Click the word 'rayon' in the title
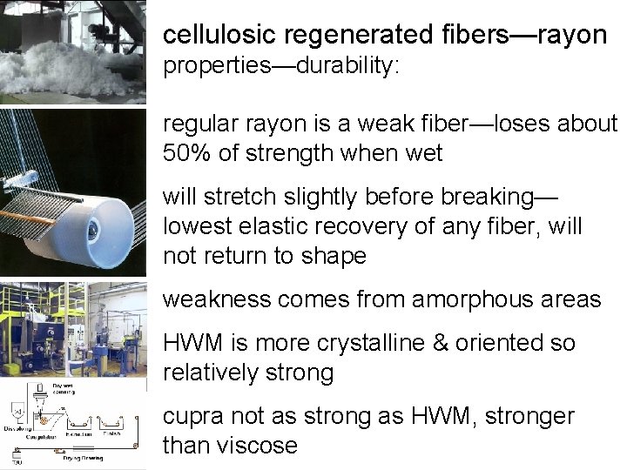tap(572, 35)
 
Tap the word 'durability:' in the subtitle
tap(347, 67)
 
